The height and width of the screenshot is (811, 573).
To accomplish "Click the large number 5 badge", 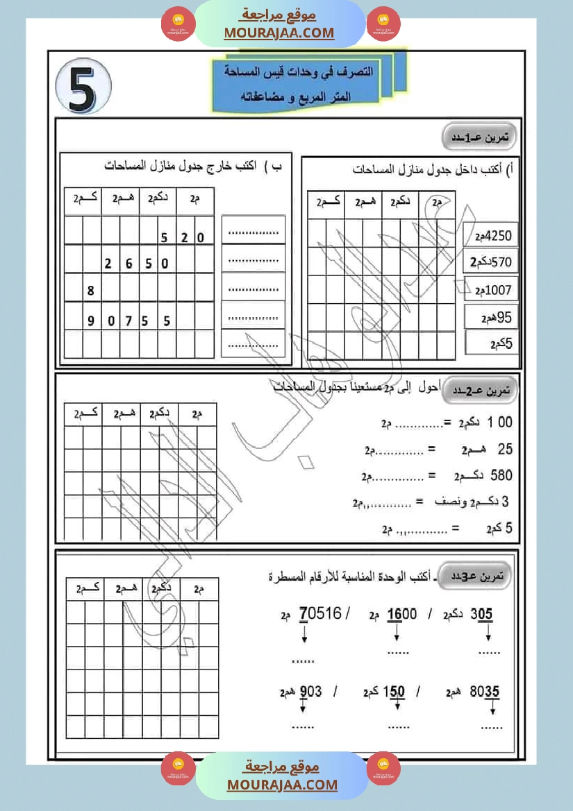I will (x=83, y=87).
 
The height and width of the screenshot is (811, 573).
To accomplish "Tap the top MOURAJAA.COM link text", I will (x=279, y=33).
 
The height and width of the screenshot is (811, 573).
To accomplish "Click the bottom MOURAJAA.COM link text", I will (x=282, y=785).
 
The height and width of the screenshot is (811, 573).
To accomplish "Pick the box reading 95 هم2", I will (x=492, y=317).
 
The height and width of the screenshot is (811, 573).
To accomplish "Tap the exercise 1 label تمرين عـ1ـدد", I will (x=485, y=137).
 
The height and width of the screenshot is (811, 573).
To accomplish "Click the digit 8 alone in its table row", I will (x=91, y=291).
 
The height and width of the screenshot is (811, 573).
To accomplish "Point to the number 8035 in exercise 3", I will (x=485, y=692).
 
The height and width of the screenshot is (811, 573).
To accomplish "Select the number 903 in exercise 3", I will (x=310, y=692).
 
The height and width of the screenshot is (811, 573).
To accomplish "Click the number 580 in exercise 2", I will (x=501, y=476).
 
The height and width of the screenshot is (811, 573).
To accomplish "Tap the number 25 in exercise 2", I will (x=505, y=450).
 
